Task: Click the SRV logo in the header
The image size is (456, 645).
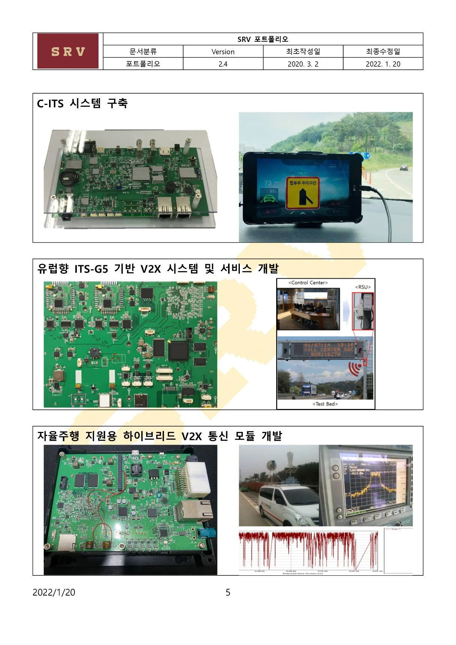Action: (x=68, y=51)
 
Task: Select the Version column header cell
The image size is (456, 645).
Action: (x=223, y=52)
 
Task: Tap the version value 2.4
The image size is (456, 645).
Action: (x=223, y=64)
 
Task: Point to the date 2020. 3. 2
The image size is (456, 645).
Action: (x=303, y=64)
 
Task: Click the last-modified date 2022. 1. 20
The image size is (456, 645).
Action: (x=383, y=64)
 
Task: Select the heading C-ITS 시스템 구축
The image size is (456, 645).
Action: (x=82, y=103)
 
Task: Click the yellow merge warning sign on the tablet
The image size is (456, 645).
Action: (x=302, y=193)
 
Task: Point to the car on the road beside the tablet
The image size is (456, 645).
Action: (x=404, y=167)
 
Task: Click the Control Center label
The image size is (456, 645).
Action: (x=308, y=283)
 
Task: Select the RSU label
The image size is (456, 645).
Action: (x=363, y=287)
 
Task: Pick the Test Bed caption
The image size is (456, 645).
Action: (x=325, y=404)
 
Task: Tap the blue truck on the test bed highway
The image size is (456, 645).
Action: (x=309, y=390)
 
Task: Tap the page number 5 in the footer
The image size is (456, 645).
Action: (x=228, y=592)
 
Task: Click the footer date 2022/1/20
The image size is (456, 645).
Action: (x=54, y=592)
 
